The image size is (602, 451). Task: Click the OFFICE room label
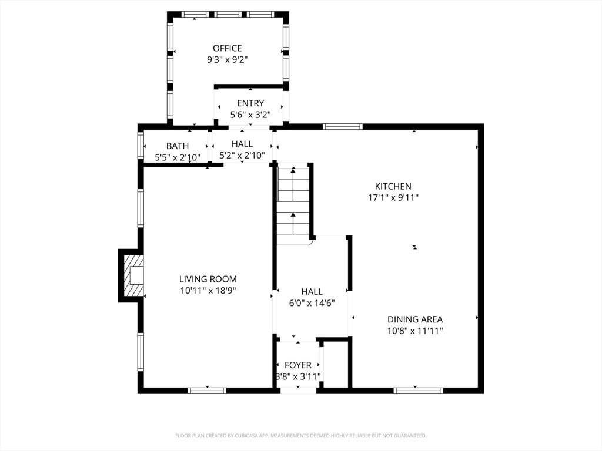[x=227, y=48]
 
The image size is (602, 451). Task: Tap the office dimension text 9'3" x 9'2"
[x=227, y=59]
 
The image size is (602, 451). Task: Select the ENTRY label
[x=250, y=103]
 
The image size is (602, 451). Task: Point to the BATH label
[x=178, y=146]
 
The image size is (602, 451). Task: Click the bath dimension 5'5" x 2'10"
[x=178, y=157]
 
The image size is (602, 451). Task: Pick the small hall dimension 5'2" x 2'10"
[x=242, y=156]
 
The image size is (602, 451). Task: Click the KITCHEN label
[x=393, y=186]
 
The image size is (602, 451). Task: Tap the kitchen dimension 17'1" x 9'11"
[x=393, y=198]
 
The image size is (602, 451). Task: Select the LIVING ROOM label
[x=208, y=279]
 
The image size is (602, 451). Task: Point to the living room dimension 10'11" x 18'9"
[x=208, y=290]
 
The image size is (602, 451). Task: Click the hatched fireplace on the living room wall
[x=133, y=275]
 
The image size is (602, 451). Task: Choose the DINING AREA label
[x=415, y=319]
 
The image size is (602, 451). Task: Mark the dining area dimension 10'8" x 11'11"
[x=415, y=331]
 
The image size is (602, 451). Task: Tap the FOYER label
[x=298, y=365]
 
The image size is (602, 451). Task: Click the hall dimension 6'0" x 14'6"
[x=312, y=303]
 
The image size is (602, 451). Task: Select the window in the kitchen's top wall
[x=343, y=126]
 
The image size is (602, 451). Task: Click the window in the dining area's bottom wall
[x=418, y=390]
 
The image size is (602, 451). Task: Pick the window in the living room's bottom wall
[x=207, y=390]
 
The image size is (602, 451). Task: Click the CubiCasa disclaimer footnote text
[x=301, y=436]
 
